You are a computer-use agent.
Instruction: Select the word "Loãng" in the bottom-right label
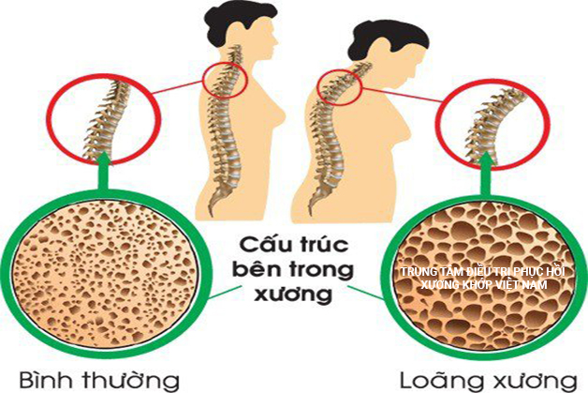440,381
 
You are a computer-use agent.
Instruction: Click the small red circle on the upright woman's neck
225,79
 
